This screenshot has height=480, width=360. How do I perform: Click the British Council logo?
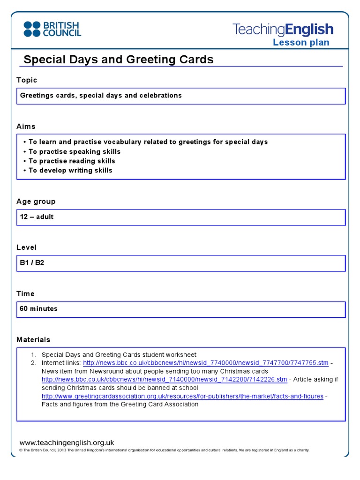pos(52,29)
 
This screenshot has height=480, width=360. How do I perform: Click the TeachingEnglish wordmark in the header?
pos(283,30)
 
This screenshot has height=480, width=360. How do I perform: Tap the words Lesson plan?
pos(301,43)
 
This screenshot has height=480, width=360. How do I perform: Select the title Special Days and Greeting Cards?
pos(118,60)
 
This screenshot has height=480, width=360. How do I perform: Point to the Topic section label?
pos(27,80)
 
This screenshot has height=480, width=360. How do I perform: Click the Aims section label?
pos(26,127)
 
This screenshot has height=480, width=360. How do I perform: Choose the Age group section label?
pos(36,202)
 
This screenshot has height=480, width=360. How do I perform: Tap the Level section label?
pos(26,247)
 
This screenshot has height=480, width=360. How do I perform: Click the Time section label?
pos(25,294)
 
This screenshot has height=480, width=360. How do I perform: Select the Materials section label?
pos(33,340)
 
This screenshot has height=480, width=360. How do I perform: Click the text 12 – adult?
pos(37,217)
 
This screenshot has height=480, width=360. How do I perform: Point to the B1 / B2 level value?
pos(32,263)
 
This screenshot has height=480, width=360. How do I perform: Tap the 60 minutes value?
pos(38,309)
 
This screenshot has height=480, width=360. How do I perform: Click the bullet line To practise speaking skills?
pos(74,151)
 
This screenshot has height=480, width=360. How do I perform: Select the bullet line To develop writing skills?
pos(70,170)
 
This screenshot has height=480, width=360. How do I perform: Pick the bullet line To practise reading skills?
pos(72,161)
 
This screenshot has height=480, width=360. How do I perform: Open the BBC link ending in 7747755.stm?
pos(206,363)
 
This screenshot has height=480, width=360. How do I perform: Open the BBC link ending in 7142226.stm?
pos(164,379)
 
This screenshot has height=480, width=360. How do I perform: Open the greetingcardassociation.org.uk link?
pos(182,396)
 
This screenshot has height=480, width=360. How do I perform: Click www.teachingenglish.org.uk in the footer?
pos(67,442)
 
